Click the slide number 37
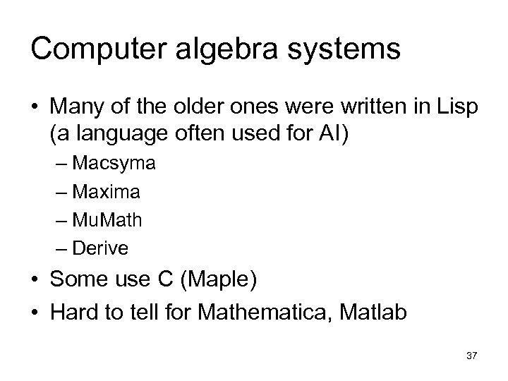point(471,356)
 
